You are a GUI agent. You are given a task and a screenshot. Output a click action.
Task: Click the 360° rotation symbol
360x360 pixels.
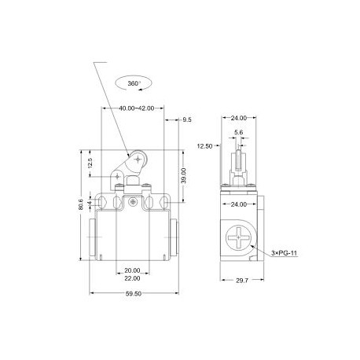tap(129, 82)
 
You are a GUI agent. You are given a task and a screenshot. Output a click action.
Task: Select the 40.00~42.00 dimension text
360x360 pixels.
tap(132, 108)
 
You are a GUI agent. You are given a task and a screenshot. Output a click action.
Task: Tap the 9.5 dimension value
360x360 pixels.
tap(186, 120)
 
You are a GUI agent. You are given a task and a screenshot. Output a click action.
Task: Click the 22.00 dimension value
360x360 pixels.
tap(132, 278)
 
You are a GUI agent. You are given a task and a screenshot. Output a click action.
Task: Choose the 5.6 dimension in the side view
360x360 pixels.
tap(240, 133)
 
